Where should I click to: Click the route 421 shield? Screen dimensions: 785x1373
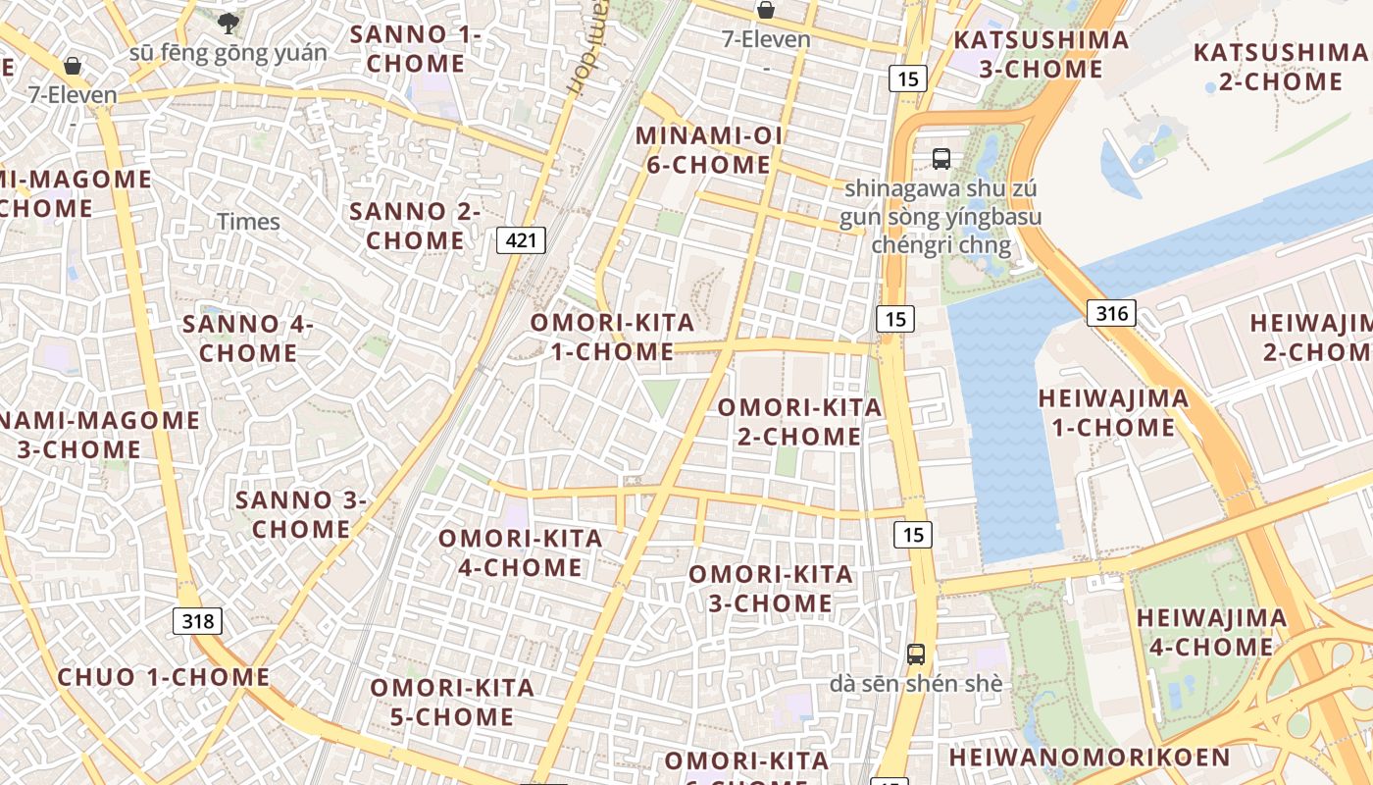tap(521, 240)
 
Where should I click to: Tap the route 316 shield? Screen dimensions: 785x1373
tap(1111, 313)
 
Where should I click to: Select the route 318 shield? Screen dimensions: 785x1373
tap(197, 620)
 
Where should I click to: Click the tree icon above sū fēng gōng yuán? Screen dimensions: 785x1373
tap(229, 23)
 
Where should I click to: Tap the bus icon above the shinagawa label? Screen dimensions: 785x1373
tap(941, 157)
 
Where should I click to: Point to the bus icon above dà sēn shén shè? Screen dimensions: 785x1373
tap(916, 654)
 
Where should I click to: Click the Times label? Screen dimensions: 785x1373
tap(248, 222)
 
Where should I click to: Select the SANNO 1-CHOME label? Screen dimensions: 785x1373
tap(416, 49)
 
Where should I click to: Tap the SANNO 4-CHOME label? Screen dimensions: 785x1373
tap(248, 338)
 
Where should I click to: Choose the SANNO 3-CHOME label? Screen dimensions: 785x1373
tap(301, 514)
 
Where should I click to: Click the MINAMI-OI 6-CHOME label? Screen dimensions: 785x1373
tap(708, 150)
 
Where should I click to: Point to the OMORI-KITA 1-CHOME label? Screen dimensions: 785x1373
tap(612, 337)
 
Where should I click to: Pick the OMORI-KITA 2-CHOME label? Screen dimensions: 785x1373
tap(799, 421)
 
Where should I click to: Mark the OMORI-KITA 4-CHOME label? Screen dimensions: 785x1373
tap(520, 552)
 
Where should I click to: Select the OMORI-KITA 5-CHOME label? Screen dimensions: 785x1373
tap(452, 702)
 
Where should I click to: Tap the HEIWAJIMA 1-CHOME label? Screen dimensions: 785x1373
tap(1113, 412)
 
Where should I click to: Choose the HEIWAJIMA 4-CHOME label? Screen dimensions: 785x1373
tap(1211, 632)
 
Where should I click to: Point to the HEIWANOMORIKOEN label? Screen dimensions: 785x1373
tap(1089, 758)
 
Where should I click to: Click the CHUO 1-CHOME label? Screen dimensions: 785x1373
tap(164, 677)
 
